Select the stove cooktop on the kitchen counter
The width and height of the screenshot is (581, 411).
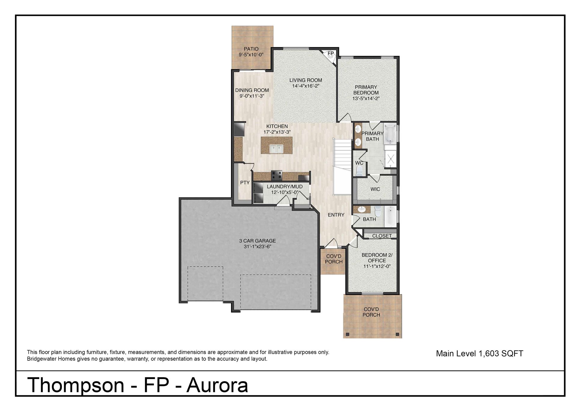pos(276,174)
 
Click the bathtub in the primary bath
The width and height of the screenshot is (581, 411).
pos(390,133)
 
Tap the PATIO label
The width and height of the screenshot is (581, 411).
pos(251,49)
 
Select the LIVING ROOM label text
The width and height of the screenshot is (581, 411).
pos(306,80)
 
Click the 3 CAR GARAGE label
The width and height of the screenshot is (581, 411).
pos(257,241)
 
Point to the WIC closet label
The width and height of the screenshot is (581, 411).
pos(375,189)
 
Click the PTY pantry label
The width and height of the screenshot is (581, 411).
pos(245,182)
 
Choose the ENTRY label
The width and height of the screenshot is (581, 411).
pos(336,215)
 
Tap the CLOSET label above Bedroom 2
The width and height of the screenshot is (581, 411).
pos(382,236)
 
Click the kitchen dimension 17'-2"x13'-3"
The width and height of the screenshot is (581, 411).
pos(277,132)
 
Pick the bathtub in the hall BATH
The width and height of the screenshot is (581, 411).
pos(390,216)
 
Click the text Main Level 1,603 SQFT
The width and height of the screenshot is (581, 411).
pos(479,353)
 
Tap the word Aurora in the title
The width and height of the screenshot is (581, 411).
pos(217,385)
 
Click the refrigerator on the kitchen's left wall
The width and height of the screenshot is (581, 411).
pos(239,129)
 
